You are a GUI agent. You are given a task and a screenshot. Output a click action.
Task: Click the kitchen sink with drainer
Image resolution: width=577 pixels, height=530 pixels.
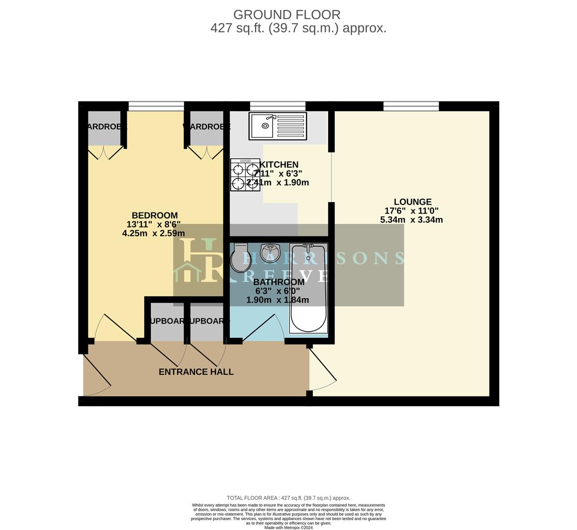click(277, 126)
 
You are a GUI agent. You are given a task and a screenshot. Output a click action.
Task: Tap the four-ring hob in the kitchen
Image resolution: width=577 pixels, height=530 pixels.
click(245, 175)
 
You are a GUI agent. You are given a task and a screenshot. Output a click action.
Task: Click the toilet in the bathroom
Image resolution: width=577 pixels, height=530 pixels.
click(240, 259)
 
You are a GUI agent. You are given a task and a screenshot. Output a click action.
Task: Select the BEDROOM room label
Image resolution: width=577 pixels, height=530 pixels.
click(154, 215)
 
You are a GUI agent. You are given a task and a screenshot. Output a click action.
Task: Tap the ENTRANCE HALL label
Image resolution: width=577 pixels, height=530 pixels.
click(196, 372)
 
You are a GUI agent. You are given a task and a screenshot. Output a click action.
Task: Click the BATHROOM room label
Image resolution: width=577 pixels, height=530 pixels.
click(278, 282)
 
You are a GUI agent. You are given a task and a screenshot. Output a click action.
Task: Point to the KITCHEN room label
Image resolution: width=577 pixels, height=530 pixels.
click(279, 165)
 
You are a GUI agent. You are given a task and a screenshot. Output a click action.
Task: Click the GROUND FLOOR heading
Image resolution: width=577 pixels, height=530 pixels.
click(287, 15)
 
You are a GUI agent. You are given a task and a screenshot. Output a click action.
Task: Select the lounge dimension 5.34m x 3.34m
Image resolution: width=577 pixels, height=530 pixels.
click(412, 220)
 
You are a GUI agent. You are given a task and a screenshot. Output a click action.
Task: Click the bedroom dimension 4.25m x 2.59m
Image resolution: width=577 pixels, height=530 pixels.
click(153, 234)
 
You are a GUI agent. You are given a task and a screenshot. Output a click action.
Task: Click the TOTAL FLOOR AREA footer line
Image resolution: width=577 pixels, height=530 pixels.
click(288, 498)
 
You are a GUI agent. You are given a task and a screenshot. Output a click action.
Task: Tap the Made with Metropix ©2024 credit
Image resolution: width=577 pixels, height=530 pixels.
click(288, 528)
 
